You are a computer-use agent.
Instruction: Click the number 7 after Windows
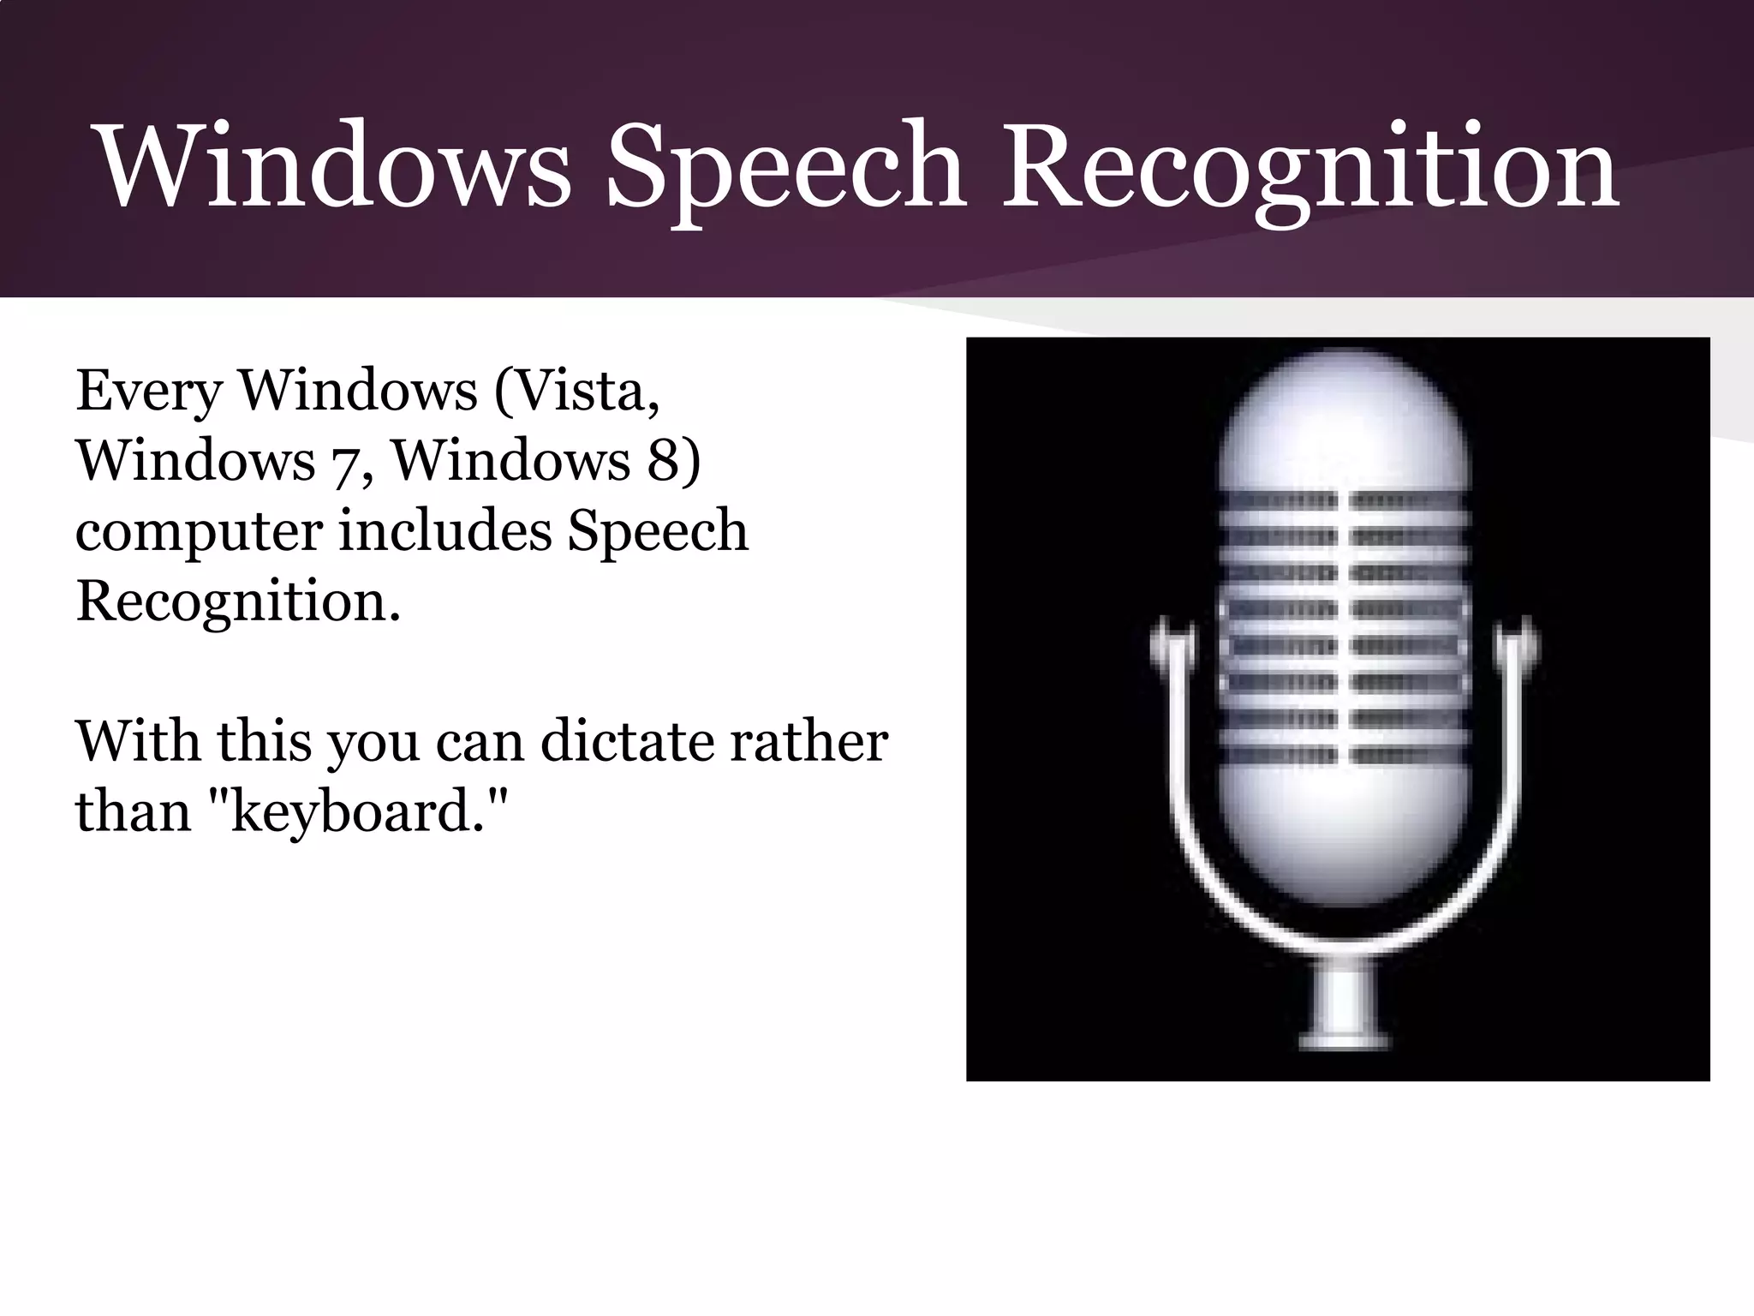point(346,463)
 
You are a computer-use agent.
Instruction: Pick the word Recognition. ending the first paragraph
point(238,601)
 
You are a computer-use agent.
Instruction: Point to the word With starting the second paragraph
point(137,741)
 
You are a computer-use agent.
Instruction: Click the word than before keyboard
point(133,811)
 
